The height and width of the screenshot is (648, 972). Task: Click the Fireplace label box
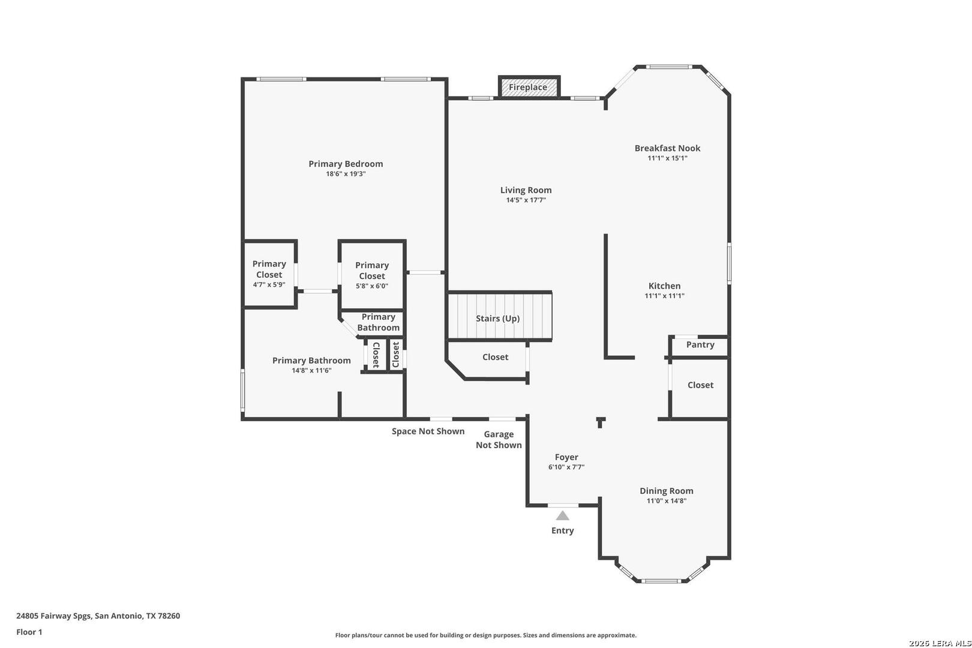pyautogui.click(x=529, y=87)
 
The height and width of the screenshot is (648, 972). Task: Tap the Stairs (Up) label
pyautogui.click(x=497, y=318)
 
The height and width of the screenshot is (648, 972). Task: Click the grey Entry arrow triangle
pyautogui.click(x=562, y=515)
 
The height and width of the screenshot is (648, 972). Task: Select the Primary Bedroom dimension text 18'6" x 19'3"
pyautogui.click(x=346, y=173)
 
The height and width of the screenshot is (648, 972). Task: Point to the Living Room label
pyautogui.click(x=526, y=190)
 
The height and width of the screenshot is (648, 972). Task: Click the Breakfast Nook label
pyautogui.click(x=667, y=148)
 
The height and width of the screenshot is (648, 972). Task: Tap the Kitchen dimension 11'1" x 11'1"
pyautogui.click(x=664, y=296)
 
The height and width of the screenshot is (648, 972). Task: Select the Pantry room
pyautogui.click(x=700, y=346)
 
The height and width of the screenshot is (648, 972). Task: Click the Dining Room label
pyautogui.click(x=667, y=490)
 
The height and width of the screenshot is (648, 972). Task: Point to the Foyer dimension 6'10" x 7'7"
pyautogui.click(x=566, y=467)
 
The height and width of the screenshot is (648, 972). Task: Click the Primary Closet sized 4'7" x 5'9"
pyautogui.click(x=269, y=274)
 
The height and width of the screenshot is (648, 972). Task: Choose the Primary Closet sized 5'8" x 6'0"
pyautogui.click(x=372, y=275)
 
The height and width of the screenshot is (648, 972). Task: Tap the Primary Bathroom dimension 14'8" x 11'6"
pyautogui.click(x=311, y=370)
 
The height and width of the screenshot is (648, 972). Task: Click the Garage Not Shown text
pyautogui.click(x=499, y=439)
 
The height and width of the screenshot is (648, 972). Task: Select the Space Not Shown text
pyautogui.click(x=428, y=431)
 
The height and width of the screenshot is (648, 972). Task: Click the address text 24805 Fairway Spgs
pyautogui.click(x=54, y=616)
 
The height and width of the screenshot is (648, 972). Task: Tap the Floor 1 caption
pyautogui.click(x=29, y=632)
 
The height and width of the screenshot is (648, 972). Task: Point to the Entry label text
pyautogui.click(x=562, y=530)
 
